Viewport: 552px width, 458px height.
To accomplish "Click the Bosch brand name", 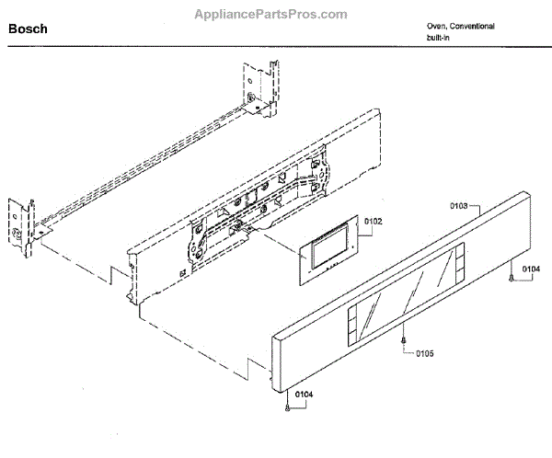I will (28, 29).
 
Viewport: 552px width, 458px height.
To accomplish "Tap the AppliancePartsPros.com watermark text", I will (271, 15).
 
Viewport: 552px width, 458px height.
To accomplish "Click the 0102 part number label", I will (373, 222).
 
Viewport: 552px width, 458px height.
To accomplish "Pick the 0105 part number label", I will (424, 352).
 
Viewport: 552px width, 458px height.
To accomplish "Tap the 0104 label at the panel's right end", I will (530, 269).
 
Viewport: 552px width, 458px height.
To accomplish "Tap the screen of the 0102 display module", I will (329, 249).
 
